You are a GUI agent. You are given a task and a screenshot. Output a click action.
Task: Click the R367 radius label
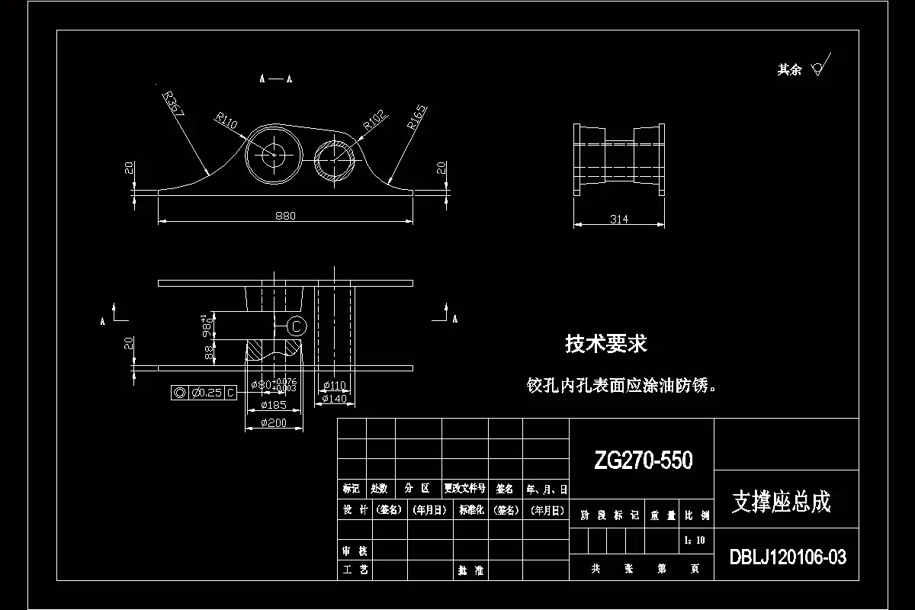[175, 104]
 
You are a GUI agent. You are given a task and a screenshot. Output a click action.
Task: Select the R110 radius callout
[226, 122]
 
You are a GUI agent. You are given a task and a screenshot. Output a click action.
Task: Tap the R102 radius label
[374, 119]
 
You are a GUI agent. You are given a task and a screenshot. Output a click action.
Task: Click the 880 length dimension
[284, 216]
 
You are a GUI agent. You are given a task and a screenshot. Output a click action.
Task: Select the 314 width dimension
[619, 220]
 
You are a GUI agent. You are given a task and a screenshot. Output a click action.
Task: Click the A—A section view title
[276, 79]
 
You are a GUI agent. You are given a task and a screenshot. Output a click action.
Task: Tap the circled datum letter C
[297, 326]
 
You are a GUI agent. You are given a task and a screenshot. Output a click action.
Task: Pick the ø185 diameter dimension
[273, 405]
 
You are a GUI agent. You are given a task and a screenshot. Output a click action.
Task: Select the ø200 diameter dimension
[273, 423]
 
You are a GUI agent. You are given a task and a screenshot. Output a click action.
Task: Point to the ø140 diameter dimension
[334, 398]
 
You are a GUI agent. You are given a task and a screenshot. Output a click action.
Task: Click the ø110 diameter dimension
[334, 385]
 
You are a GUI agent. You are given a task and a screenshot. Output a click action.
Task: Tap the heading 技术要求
[605, 345]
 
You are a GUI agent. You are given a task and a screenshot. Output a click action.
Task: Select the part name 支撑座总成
[781, 502]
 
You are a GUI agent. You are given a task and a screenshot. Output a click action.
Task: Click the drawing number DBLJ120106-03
[788, 557]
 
